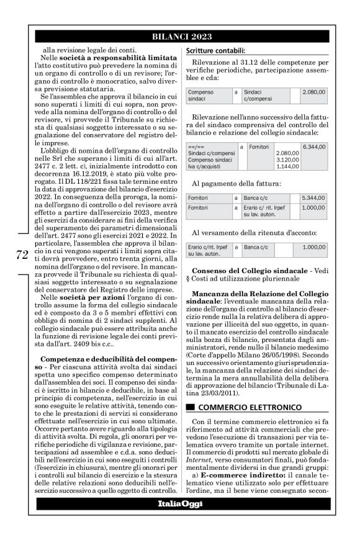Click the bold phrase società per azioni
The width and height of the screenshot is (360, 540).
(x=84, y=298)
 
